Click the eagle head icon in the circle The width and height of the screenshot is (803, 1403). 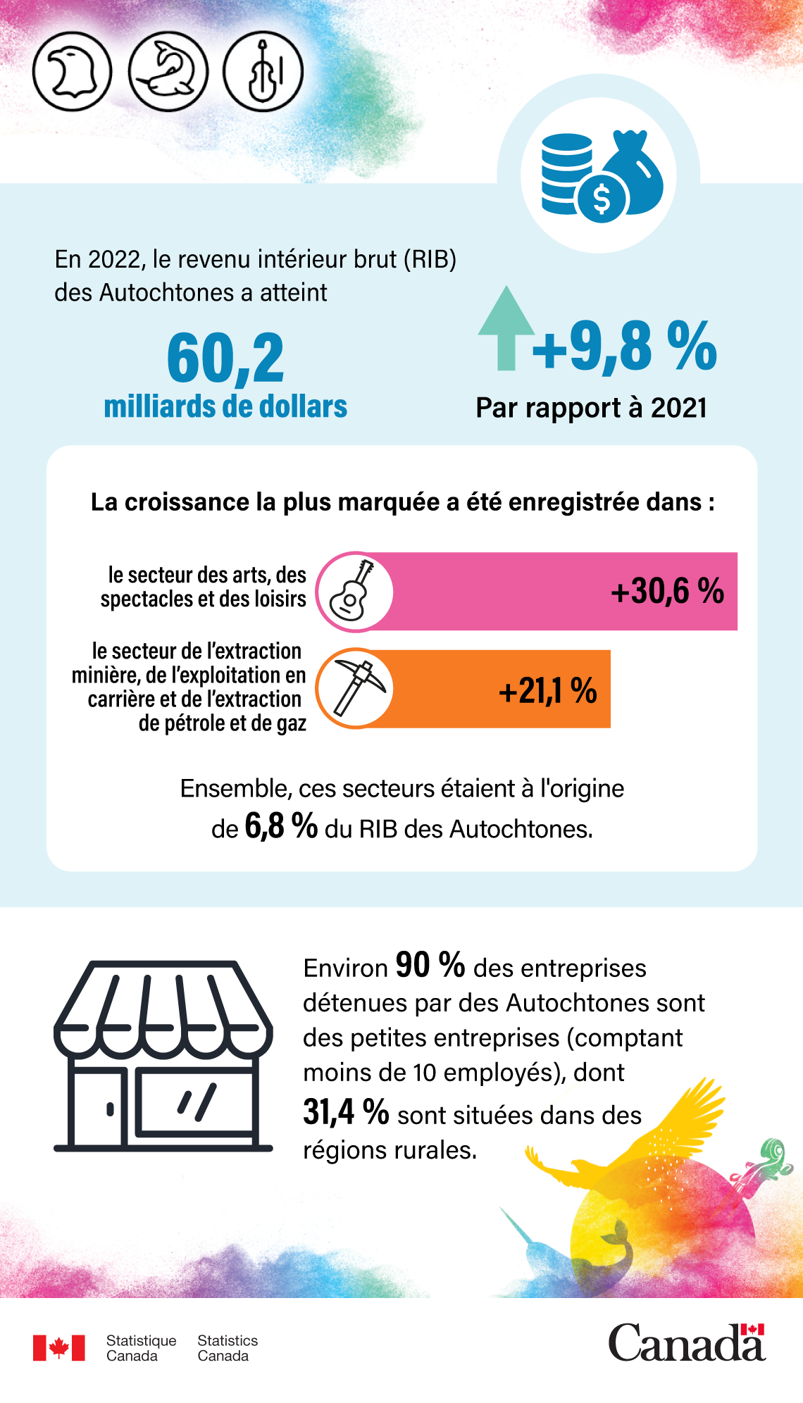tap(72, 72)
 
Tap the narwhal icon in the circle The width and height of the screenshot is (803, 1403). tap(168, 72)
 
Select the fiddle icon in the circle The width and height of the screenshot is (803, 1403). tap(263, 72)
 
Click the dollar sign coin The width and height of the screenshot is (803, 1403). tap(601, 199)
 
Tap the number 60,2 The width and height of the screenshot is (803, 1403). tap(225, 358)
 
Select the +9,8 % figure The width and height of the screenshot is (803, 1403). tap(624, 346)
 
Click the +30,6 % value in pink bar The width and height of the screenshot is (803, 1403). tap(667, 591)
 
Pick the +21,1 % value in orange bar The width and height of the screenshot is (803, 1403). tap(547, 690)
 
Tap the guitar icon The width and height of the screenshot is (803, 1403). tap(354, 591)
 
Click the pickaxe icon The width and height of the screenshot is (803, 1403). tap(356, 688)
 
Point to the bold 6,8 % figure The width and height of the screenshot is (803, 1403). tap(280, 825)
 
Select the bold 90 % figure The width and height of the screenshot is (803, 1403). tap(430, 965)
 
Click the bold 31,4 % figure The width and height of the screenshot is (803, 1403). tap(346, 1112)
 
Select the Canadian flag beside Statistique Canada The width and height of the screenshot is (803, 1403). tap(58, 1347)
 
